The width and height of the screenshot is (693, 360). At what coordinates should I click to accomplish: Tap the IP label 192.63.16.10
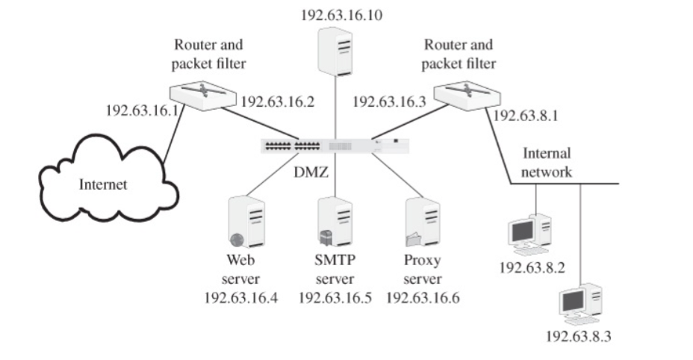point(341,14)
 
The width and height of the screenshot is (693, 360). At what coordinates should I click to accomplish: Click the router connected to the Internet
point(200,95)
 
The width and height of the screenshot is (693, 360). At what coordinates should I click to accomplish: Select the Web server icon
point(247,222)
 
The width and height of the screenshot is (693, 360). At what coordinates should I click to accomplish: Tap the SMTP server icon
point(335,222)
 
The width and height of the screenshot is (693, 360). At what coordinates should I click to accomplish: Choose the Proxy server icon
point(422,222)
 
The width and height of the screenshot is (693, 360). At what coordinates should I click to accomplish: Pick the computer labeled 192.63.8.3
point(580,301)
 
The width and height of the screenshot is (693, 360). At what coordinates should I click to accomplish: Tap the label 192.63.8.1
point(526,115)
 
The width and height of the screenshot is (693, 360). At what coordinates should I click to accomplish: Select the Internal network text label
point(546,162)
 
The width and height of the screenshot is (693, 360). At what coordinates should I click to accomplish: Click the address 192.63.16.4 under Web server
point(241,298)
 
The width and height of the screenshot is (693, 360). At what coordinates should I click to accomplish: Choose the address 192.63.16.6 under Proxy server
point(423,298)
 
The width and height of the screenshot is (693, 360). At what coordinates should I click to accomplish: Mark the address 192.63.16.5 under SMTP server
point(335,298)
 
